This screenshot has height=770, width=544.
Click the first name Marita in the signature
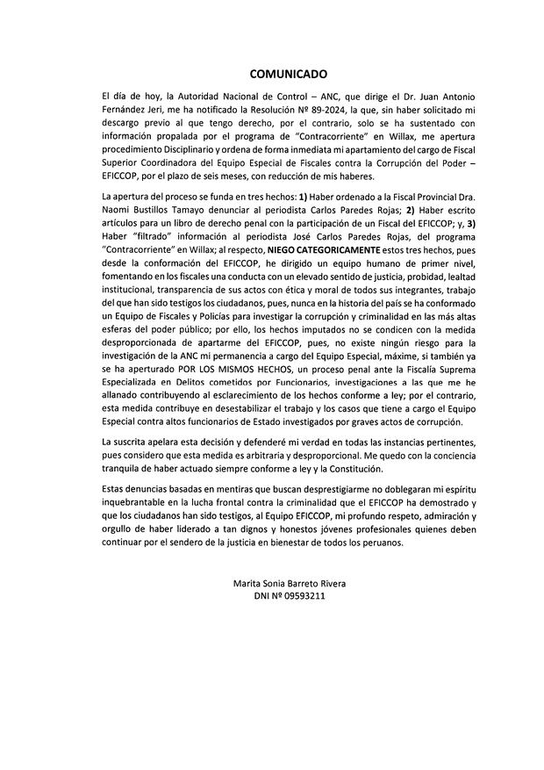tap(249, 584)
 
